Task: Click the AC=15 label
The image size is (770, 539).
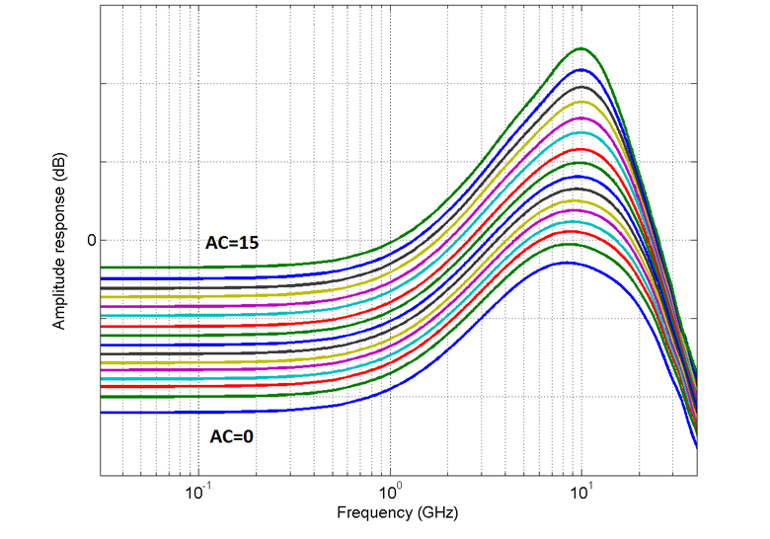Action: (232, 243)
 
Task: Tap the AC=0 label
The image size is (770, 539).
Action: (232, 435)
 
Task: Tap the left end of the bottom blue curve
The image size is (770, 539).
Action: (102, 413)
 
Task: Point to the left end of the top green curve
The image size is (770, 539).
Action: (102, 268)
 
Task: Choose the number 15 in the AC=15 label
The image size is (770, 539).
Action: (249, 243)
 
